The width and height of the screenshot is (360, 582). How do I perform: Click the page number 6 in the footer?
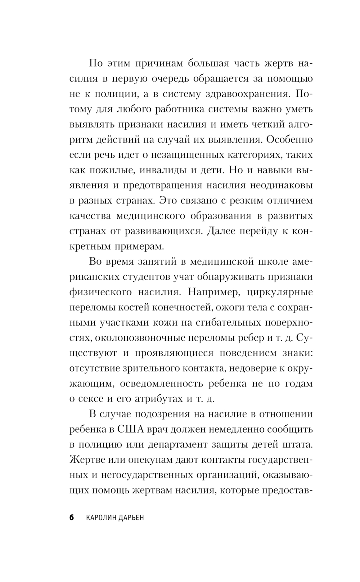coord(71,518)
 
